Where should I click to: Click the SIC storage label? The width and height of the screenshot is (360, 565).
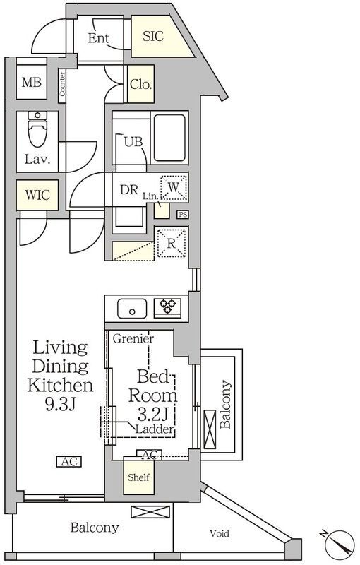click(153, 36)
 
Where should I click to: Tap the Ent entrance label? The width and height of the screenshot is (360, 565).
click(99, 38)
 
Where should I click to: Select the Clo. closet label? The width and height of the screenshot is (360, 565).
click(140, 84)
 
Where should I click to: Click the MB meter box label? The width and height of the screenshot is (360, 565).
click(32, 83)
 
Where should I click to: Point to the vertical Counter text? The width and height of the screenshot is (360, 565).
click(62, 84)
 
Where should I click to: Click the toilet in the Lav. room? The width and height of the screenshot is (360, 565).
click(37, 129)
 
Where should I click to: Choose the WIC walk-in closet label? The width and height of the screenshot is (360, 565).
click(37, 195)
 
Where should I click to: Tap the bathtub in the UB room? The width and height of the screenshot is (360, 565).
click(169, 138)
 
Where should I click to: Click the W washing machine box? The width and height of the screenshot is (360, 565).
click(174, 187)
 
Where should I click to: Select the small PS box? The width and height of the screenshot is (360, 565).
click(183, 215)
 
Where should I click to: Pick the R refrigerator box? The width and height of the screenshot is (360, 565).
click(172, 243)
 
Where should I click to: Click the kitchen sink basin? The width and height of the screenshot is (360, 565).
click(132, 309)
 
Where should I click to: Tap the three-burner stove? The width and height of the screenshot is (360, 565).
click(168, 307)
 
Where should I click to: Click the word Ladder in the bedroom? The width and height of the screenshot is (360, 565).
click(155, 429)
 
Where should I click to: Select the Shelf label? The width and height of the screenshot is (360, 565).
click(138, 477)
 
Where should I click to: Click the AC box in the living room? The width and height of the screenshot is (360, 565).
click(68, 462)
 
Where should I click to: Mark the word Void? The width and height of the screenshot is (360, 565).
click(220, 533)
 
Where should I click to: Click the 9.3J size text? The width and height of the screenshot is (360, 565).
click(60, 405)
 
